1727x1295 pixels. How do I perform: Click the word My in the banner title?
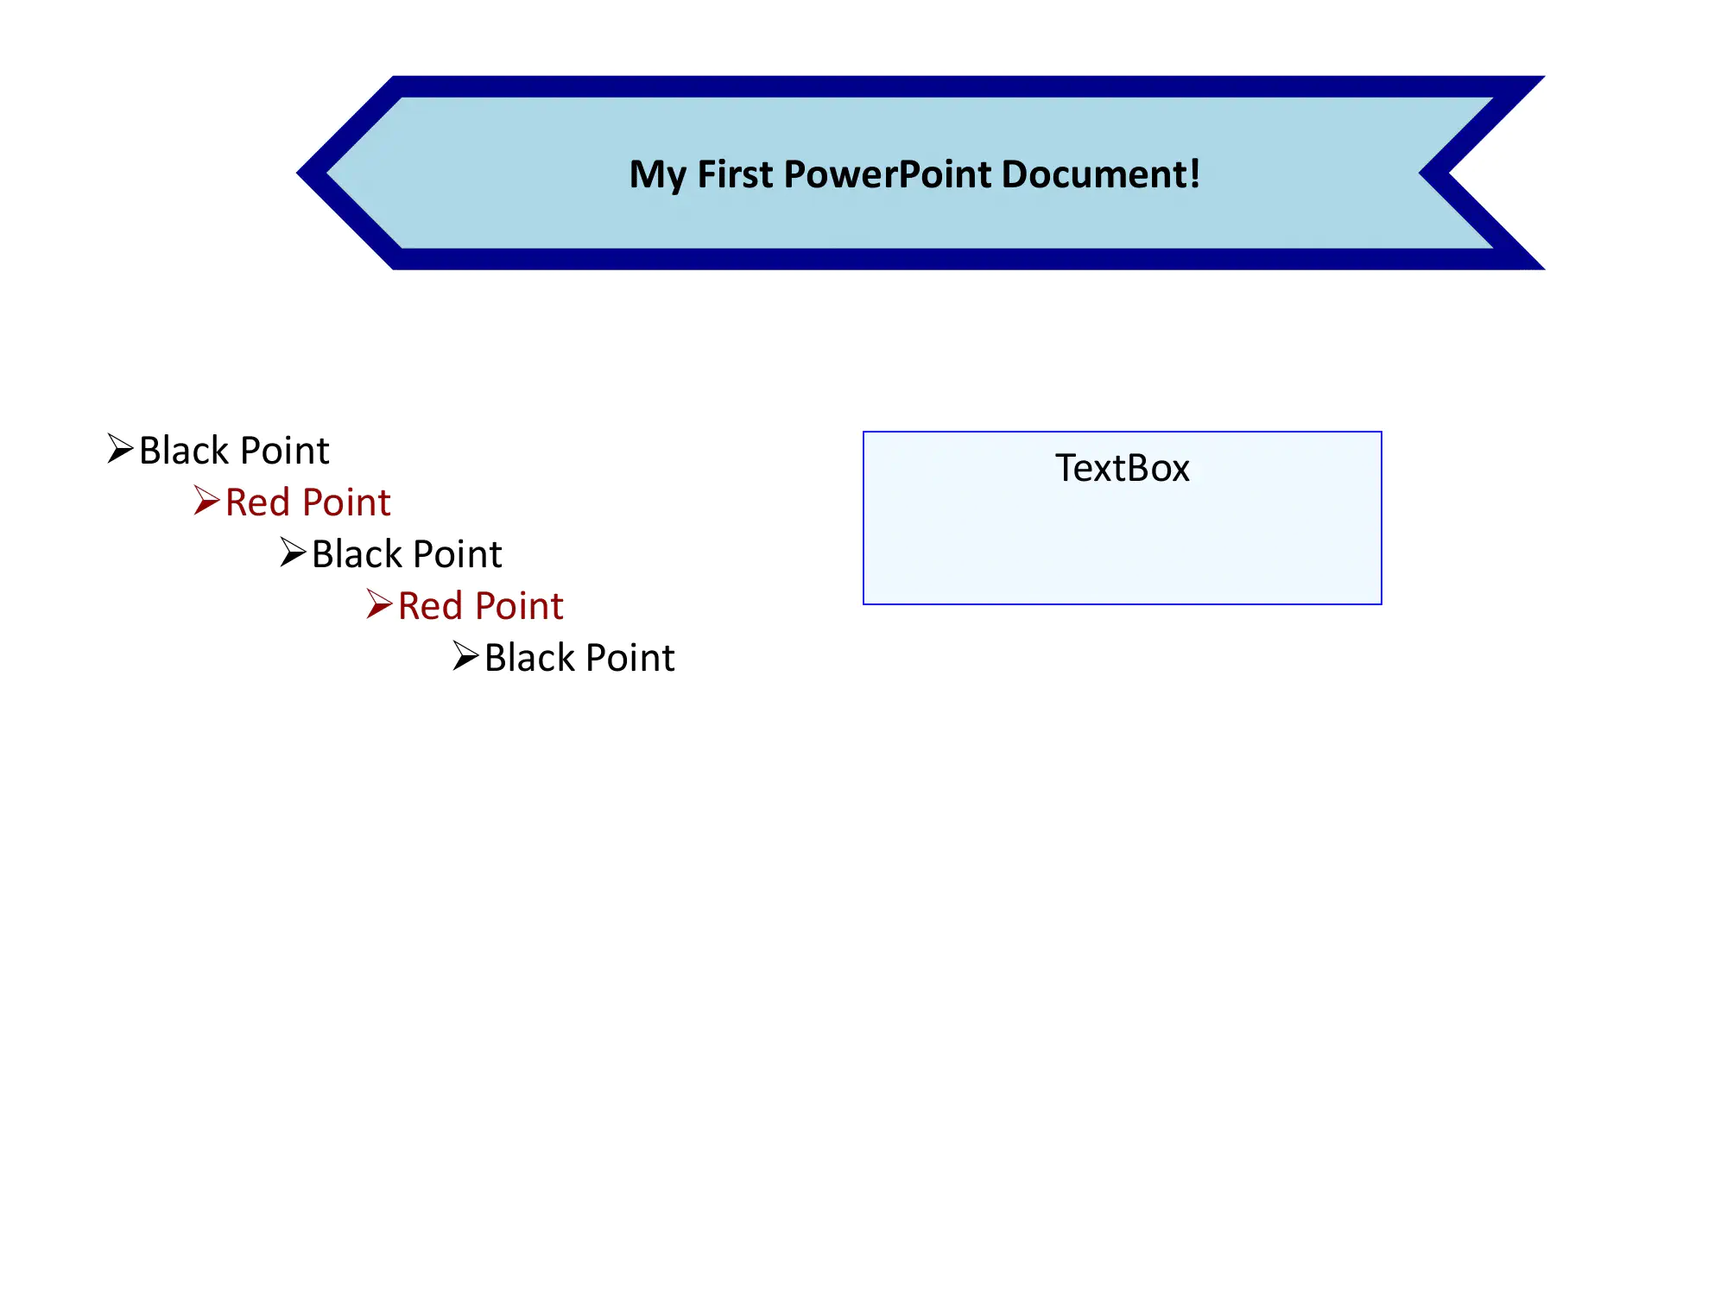(657, 175)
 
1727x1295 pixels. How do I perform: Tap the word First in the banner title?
(735, 174)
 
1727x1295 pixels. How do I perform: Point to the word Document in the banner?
(1093, 174)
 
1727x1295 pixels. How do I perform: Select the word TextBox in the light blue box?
(1122, 469)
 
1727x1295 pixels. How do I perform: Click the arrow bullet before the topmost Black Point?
(120, 449)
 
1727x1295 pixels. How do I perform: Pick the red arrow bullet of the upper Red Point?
(206, 501)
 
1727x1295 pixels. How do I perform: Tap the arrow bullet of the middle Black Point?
(293, 553)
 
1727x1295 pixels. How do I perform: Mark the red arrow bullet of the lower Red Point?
(379, 604)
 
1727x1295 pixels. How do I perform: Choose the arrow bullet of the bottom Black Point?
(465, 656)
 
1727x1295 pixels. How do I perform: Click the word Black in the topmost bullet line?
(184, 451)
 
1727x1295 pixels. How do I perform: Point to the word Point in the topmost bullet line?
(285, 451)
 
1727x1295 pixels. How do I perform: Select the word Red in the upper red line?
(257, 502)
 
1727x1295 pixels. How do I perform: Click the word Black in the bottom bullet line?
(529, 658)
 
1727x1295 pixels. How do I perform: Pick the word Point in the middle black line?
(458, 554)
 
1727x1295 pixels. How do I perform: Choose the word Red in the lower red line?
(430, 606)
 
